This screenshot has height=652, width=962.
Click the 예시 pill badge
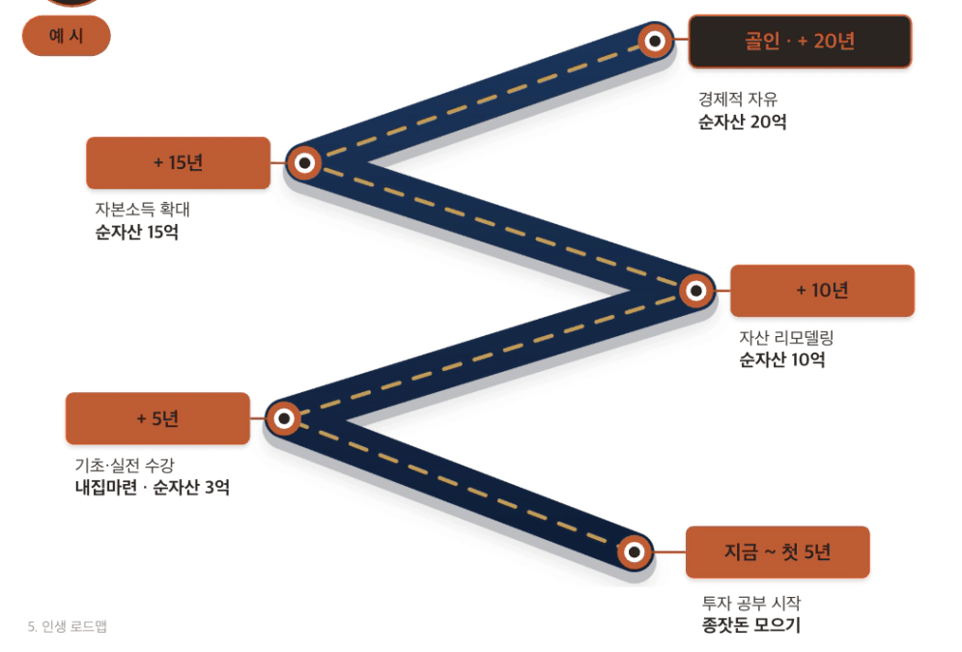pyautogui.click(x=67, y=36)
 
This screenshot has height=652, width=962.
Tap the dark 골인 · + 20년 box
pyautogui.click(x=800, y=42)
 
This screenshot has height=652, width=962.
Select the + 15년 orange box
pyautogui.click(x=178, y=162)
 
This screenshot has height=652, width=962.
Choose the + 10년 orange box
pyautogui.click(x=822, y=290)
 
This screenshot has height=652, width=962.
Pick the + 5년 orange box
pyautogui.click(x=157, y=418)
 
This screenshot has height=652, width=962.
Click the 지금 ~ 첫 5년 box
pyautogui.click(x=778, y=552)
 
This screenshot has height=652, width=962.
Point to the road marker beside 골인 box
pyautogui.click(x=655, y=42)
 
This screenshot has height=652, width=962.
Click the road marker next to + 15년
pyautogui.click(x=304, y=162)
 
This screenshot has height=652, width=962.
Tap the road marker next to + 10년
pyautogui.click(x=696, y=290)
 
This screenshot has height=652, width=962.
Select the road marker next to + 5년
pyautogui.click(x=284, y=418)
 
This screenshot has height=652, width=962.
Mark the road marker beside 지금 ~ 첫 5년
pyautogui.click(x=635, y=552)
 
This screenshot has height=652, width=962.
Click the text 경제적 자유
pyautogui.click(x=738, y=99)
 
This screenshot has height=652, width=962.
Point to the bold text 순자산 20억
pyautogui.click(x=743, y=122)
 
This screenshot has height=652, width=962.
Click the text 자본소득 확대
pyautogui.click(x=142, y=210)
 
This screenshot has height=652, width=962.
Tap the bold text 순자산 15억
pyautogui.click(x=137, y=232)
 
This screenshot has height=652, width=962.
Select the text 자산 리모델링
pyautogui.click(x=786, y=337)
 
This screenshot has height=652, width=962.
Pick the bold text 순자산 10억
pyautogui.click(x=781, y=359)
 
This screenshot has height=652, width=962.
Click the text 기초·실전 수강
pyautogui.click(x=125, y=465)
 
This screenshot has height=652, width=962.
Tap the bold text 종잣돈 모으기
pyautogui.click(x=750, y=625)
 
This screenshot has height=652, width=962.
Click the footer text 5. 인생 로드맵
pyautogui.click(x=68, y=626)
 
